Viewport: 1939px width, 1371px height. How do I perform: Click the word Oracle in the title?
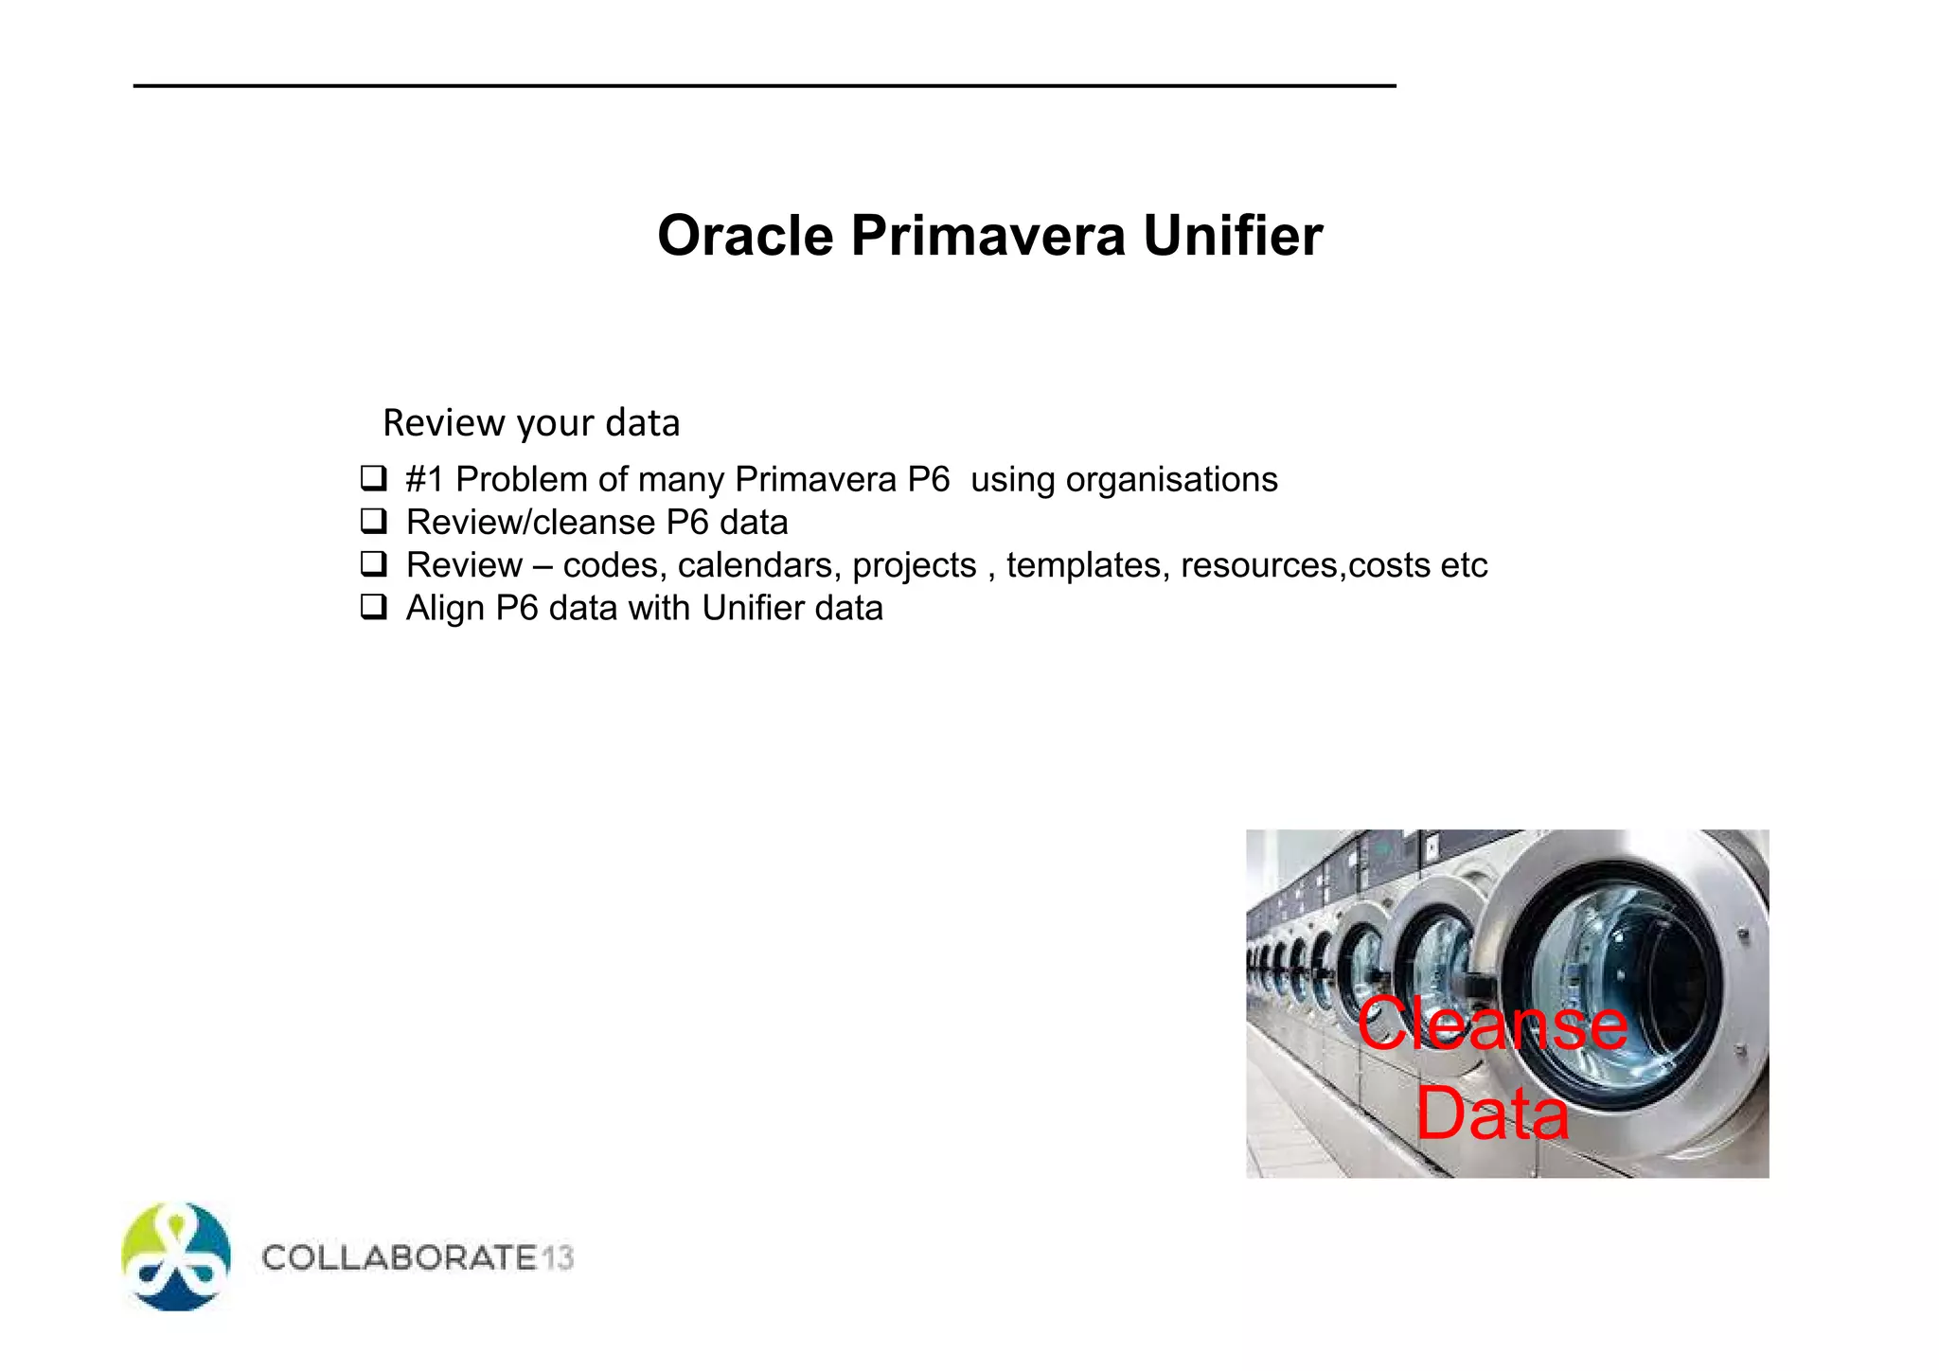pyautogui.click(x=745, y=236)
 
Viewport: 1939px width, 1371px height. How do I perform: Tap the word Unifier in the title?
pyautogui.click(x=1233, y=236)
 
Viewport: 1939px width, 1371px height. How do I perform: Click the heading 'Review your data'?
pyautogui.click(x=531, y=423)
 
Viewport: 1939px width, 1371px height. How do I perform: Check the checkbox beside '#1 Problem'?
pyautogui.click(x=374, y=478)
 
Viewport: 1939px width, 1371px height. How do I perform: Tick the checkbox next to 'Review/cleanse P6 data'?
pyautogui.click(x=374, y=521)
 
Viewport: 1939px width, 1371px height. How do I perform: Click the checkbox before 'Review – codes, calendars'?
pyautogui.click(x=374, y=564)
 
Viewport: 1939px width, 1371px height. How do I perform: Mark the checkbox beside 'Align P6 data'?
pyautogui.click(x=374, y=607)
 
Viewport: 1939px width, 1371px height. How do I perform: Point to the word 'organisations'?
pyautogui.click(x=1171, y=480)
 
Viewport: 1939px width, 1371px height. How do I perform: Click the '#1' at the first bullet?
pyautogui.click(x=424, y=480)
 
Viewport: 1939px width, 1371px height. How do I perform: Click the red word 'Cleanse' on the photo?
pyautogui.click(x=1492, y=1024)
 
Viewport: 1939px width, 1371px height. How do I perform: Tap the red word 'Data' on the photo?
pyautogui.click(x=1492, y=1113)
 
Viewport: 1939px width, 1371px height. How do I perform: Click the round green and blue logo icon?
pyautogui.click(x=176, y=1256)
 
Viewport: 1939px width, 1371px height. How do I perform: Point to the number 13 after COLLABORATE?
pyautogui.click(x=558, y=1257)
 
